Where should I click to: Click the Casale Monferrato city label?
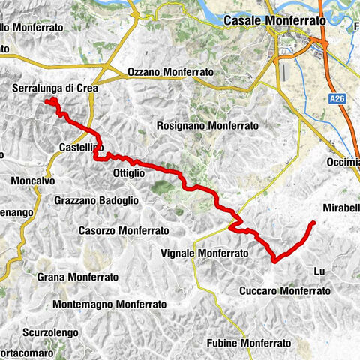coord(273,22)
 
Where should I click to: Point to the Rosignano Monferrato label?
coord(208,126)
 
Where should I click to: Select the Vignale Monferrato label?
coord(204,253)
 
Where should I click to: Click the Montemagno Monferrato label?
coord(109,305)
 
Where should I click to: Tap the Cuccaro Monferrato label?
coord(284,289)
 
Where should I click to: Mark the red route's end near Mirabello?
coord(313,223)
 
